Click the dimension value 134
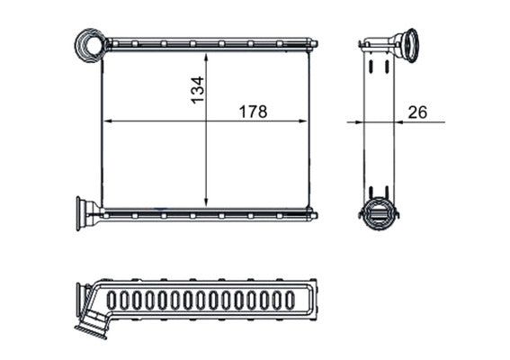(x=197, y=90)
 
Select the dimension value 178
(x=252, y=112)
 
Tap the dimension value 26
(x=417, y=112)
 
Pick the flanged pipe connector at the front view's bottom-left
(x=87, y=213)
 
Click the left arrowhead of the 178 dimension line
(x=108, y=121)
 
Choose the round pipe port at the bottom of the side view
(x=378, y=213)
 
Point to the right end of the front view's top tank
(x=313, y=42)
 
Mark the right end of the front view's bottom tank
(x=313, y=215)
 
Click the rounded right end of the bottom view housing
(x=316, y=300)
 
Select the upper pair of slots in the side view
(x=378, y=66)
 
